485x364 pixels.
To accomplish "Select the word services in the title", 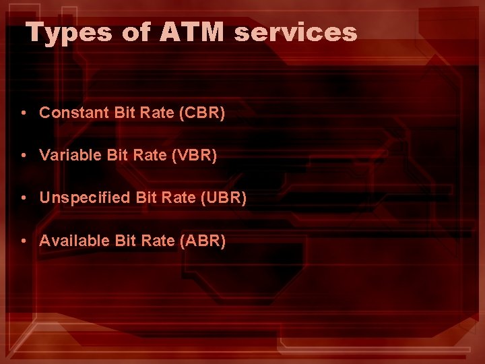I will click(296, 32).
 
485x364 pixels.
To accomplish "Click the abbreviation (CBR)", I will click(202, 113).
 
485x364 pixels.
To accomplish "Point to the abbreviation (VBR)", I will click(195, 155).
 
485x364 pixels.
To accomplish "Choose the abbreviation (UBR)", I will click(224, 198).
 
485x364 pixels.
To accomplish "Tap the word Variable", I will click(70, 155).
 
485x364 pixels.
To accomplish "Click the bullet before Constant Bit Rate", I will click(24, 113).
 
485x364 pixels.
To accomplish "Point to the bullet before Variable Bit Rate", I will click(24, 156).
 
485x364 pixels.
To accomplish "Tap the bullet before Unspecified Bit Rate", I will click(24, 199).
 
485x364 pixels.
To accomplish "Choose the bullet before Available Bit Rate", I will click(24, 241).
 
